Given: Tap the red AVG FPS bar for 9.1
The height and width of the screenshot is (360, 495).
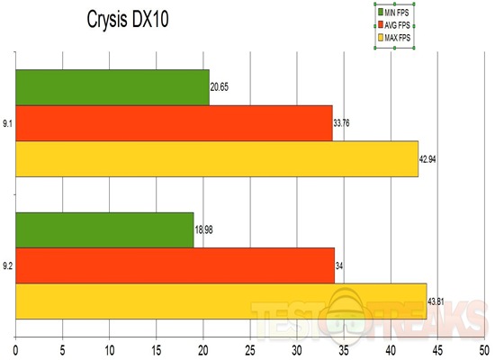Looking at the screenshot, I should point(174,123).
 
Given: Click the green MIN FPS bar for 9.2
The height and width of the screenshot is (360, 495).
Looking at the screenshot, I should point(104,229).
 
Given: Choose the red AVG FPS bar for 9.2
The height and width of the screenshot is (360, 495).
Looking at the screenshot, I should point(175,265).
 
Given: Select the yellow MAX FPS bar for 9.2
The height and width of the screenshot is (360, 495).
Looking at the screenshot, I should point(220,301).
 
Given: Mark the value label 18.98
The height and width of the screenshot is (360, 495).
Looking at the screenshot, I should point(206,229).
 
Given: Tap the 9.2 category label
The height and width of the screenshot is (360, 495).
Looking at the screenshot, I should point(7,265).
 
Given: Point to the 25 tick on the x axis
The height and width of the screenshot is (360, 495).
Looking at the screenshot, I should point(250,346).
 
